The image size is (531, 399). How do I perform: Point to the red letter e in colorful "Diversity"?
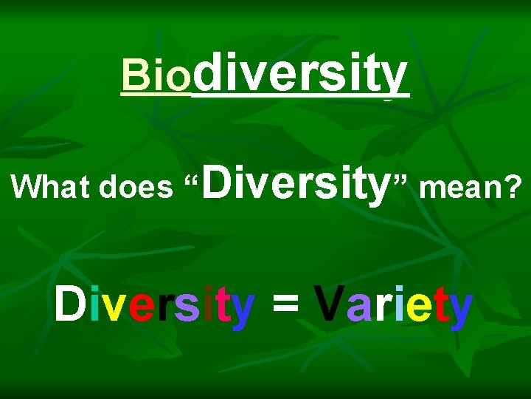pos(139,308)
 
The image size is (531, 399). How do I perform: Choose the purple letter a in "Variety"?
pos(358,308)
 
